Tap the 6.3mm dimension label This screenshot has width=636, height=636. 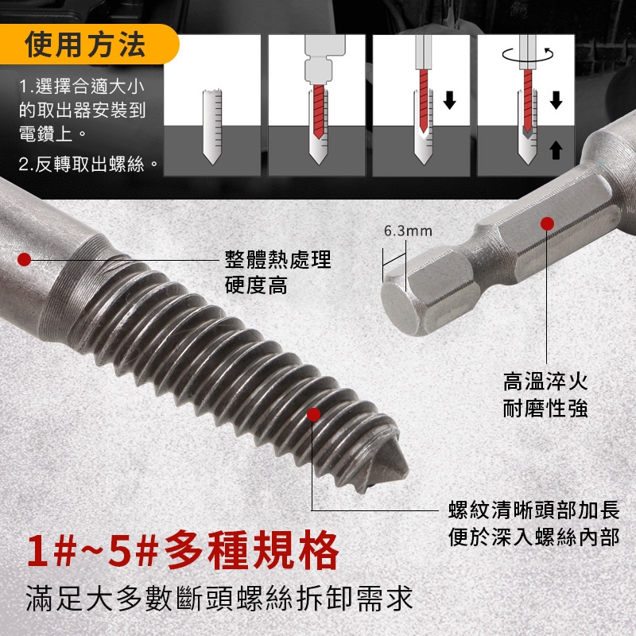pyautogui.click(x=408, y=231)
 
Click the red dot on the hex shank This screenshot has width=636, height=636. pyautogui.click(x=547, y=223)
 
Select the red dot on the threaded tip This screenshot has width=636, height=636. pyautogui.click(x=313, y=414)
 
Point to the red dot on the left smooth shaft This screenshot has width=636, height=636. pyautogui.click(x=25, y=260)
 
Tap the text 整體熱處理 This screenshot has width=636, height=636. pyautogui.click(x=277, y=260)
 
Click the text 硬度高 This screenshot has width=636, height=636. pyautogui.click(x=256, y=285)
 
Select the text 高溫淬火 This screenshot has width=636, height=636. pyautogui.click(x=545, y=382)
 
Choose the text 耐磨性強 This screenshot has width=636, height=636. pyautogui.click(x=545, y=408)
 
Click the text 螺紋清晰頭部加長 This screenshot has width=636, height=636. pyautogui.click(x=534, y=510)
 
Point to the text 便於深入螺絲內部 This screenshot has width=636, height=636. pyautogui.click(x=534, y=537)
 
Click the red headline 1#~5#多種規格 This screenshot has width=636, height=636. pyautogui.click(x=183, y=551)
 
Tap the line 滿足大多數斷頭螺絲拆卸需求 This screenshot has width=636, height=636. pyautogui.click(x=219, y=599)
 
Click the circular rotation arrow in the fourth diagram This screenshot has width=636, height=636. pyautogui.click(x=527, y=54)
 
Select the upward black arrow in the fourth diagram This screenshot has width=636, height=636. pyautogui.click(x=556, y=150)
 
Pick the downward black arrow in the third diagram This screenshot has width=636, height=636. pyautogui.click(x=449, y=100)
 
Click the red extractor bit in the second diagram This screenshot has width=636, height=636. pyautogui.click(x=320, y=111)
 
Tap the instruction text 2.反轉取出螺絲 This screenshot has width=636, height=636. pyautogui.click(x=88, y=165)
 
